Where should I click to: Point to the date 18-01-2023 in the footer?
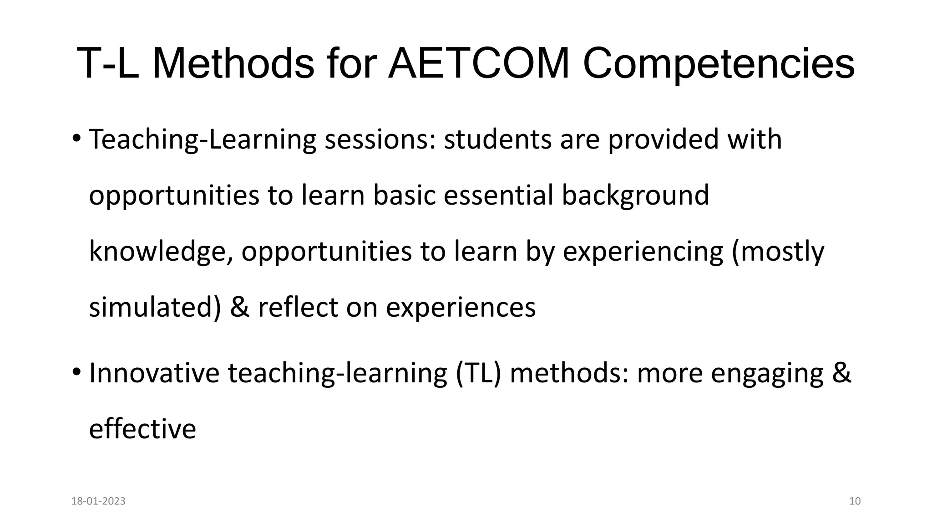point(98,501)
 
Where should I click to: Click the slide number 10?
point(855,501)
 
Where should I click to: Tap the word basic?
point(404,196)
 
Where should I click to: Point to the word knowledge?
point(157,252)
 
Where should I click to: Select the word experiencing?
point(643,252)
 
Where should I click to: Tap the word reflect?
point(298,308)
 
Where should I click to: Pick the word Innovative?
point(154,373)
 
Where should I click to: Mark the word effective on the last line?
point(142,429)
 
